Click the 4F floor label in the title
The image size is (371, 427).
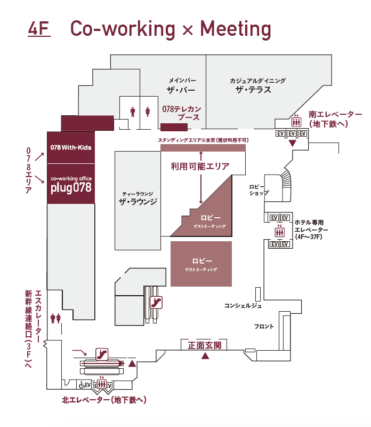pyautogui.click(x=38, y=29)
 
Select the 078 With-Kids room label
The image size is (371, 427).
pyautogui.click(x=71, y=147)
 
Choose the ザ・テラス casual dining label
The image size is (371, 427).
pyautogui.click(x=254, y=86)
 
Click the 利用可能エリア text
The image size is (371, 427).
pyautogui.click(x=200, y=167)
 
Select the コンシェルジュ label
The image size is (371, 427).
pyautogui.click(x=243, y=305)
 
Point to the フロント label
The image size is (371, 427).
pyautogui.click(x=264, y=326)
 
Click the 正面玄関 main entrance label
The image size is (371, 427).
pyautogui.click(x=205, y=345)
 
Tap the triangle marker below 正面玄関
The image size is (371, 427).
pyautogui.click(x=205, y=356)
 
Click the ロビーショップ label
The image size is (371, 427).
pyautogui.click(x=259, y=190)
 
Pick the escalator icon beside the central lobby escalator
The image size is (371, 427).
pyautogui.click(x=156, y=302)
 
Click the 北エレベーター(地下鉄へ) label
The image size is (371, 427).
pyautogui.click(x=104, y=400)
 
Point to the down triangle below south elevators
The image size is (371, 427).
pyautogui.click(x=292, y=144)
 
